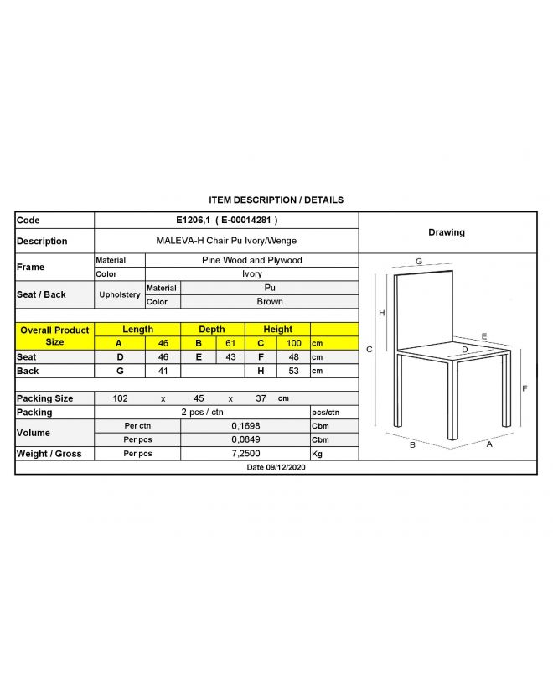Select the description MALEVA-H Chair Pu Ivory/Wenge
tap(226, 240)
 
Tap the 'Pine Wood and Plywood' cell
tap(251, 260)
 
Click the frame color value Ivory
tap(251, 273)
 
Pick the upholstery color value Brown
tap(270, 301)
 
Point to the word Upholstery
tap(120, 294)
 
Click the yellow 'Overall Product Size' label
tap(54, 336)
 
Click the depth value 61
tap(229, 343)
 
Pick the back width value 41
tap(163, 371)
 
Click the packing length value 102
tap(120, 398)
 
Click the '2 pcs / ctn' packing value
tap(202, 412)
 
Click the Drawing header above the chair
tap(447, 232)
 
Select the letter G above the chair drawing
tap(418, 262)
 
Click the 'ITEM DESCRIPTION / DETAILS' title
tap(276, 200)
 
